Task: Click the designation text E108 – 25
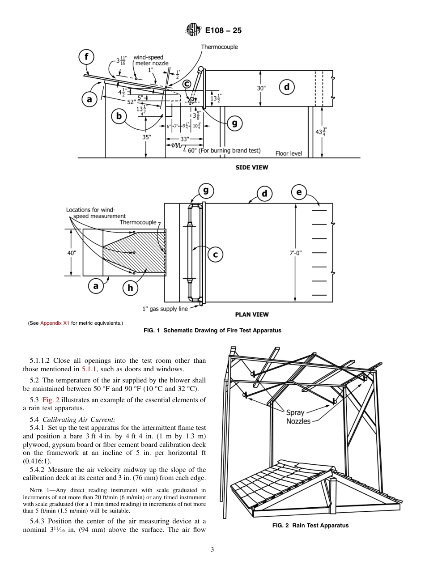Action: (x=223, y=31)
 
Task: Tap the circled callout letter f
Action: (x=86, y=57)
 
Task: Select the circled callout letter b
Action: (x=119, y=117)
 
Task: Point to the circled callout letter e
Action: (x=299, y=193)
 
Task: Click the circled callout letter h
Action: (x=130, y=288)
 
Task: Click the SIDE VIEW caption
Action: (x=252, y=168)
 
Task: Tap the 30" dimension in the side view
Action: (x=261, y=88)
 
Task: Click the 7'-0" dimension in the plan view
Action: (x=295, y=253)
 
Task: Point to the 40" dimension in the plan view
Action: (x=72, y=253)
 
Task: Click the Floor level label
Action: (x=289, y=153)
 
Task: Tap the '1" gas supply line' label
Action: (x=165, y=309)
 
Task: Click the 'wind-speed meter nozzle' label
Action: (x=151, y=60)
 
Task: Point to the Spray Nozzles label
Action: (x=298, y=417)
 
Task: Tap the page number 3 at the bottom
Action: (x=212, y=549)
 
